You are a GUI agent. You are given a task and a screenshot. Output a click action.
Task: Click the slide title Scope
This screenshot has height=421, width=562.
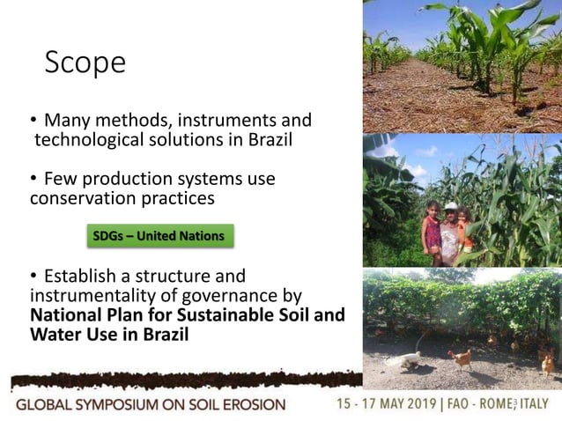85,63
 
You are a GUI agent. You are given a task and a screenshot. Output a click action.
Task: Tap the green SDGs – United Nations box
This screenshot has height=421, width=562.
159,236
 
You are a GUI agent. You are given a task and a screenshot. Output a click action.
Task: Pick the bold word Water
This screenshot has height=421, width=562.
55,335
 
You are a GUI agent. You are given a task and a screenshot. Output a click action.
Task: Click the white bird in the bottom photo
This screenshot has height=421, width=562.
403,358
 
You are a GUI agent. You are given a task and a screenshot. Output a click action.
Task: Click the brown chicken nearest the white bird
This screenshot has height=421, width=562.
460,358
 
